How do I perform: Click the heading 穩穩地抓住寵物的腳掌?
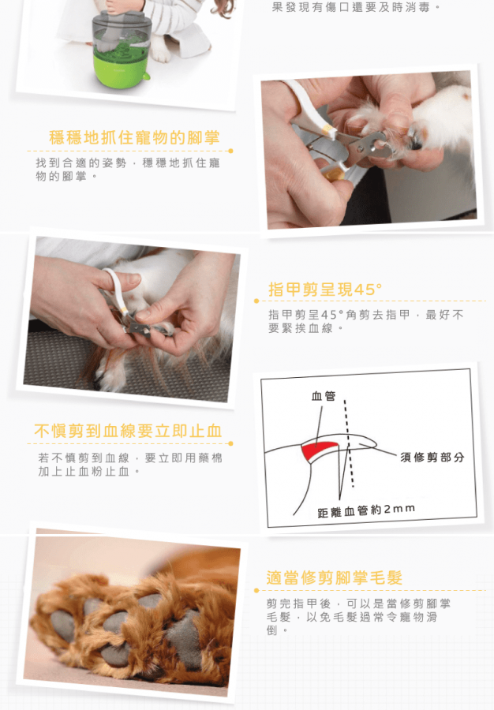pos(134,137)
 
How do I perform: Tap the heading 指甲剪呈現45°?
pos(325,290)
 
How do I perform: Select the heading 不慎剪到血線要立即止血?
pos(128,431)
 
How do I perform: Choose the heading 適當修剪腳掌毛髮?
pos(334,577)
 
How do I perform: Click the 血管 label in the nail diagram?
pos(324,396)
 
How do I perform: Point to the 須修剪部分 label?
pos(432,458)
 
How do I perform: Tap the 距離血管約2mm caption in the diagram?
pos(366,510)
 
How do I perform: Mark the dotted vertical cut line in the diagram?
pos(349,443)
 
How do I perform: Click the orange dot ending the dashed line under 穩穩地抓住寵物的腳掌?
pos(230,151)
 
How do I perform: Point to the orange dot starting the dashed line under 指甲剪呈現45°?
pos(256,301)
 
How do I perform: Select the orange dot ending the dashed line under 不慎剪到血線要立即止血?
pos(230,443)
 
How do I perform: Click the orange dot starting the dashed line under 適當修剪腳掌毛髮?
pos(256,590)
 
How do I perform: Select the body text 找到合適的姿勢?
pos(80,163)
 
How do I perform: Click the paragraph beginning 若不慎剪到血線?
pos(130,465)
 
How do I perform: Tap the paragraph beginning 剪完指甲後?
pos(358,616)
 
